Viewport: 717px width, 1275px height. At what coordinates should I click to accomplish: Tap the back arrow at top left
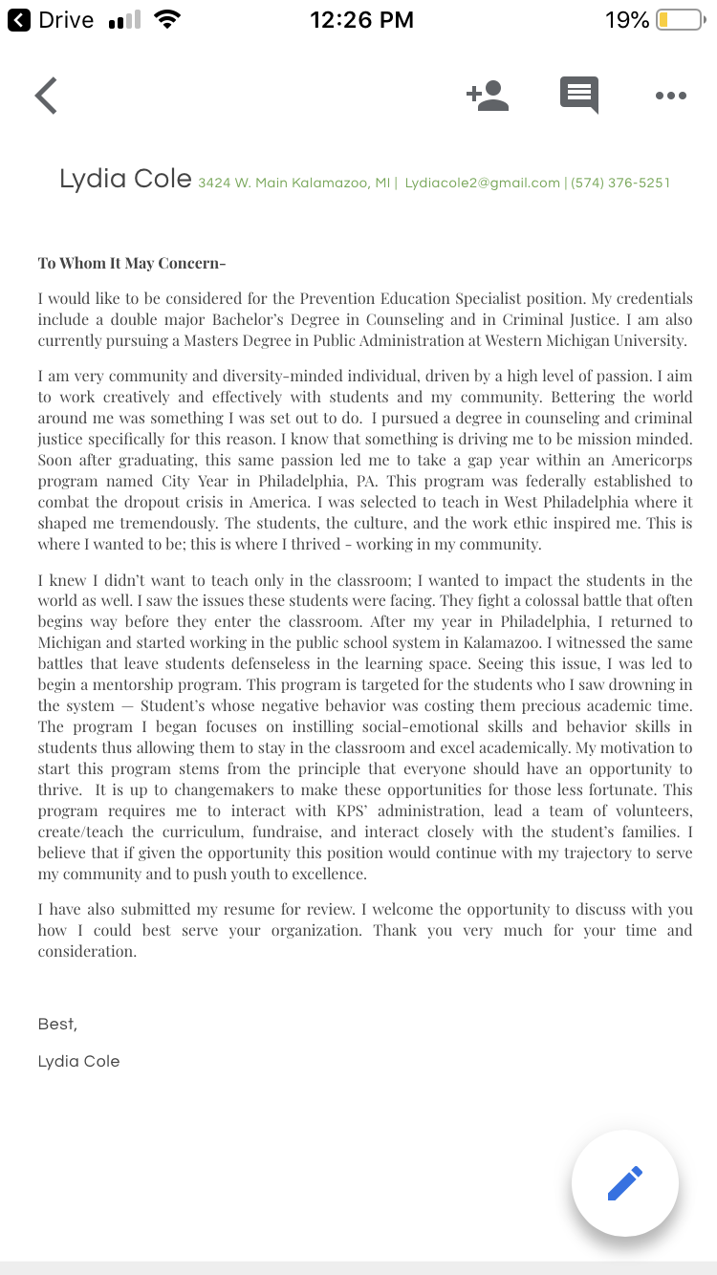[x=46, y=96]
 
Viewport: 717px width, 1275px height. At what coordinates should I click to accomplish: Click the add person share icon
[x=488, y=96]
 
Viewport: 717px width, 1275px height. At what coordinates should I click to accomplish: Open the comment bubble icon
[x=579, y=96]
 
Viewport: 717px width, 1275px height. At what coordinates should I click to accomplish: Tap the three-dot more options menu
[x=671, y=96]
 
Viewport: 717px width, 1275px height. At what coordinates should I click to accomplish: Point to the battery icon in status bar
[x=679, y=20]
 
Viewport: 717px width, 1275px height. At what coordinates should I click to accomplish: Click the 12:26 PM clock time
[x=362, y=20]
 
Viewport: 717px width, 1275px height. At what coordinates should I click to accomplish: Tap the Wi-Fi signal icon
[x=167, y=20]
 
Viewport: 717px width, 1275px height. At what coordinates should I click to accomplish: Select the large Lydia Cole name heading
[x=125, y=179]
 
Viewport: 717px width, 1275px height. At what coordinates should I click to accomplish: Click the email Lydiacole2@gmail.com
[x=483, y=183]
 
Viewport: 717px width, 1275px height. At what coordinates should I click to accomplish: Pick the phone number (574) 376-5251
[x=620, y=183]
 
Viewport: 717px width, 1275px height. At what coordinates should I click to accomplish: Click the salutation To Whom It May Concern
[x=131, y=264]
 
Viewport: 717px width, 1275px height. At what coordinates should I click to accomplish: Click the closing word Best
[x=57, y=1024]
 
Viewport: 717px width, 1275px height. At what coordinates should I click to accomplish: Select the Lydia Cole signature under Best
[x=78, y=1061]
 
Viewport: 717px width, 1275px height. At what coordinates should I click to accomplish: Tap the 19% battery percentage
[x=627, y=20]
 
